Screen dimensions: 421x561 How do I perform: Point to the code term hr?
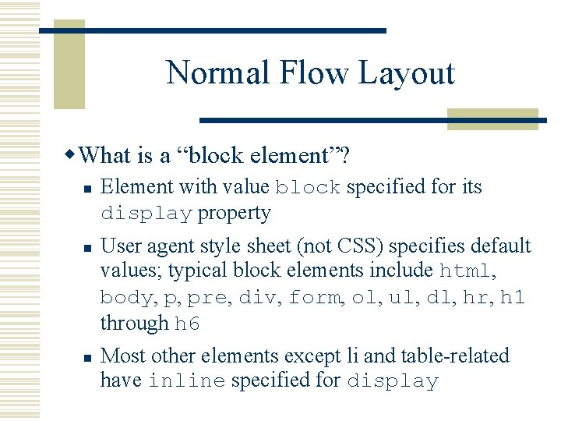(474, 299)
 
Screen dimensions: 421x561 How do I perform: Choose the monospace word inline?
(186, 382)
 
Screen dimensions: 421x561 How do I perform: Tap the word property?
(235, 213)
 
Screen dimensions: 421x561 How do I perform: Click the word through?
(134, 324)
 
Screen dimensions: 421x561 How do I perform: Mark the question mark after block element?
(344, 156)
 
